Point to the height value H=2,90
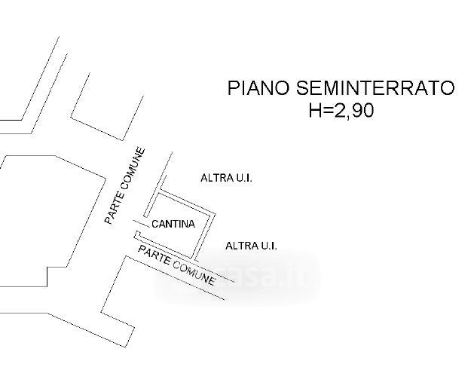coord(341,111)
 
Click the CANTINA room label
coord(173,224)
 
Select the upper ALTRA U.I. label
coord(226,179)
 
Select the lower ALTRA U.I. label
coord(252,246)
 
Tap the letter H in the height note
coord(315,111)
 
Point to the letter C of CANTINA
coord(154,224)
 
